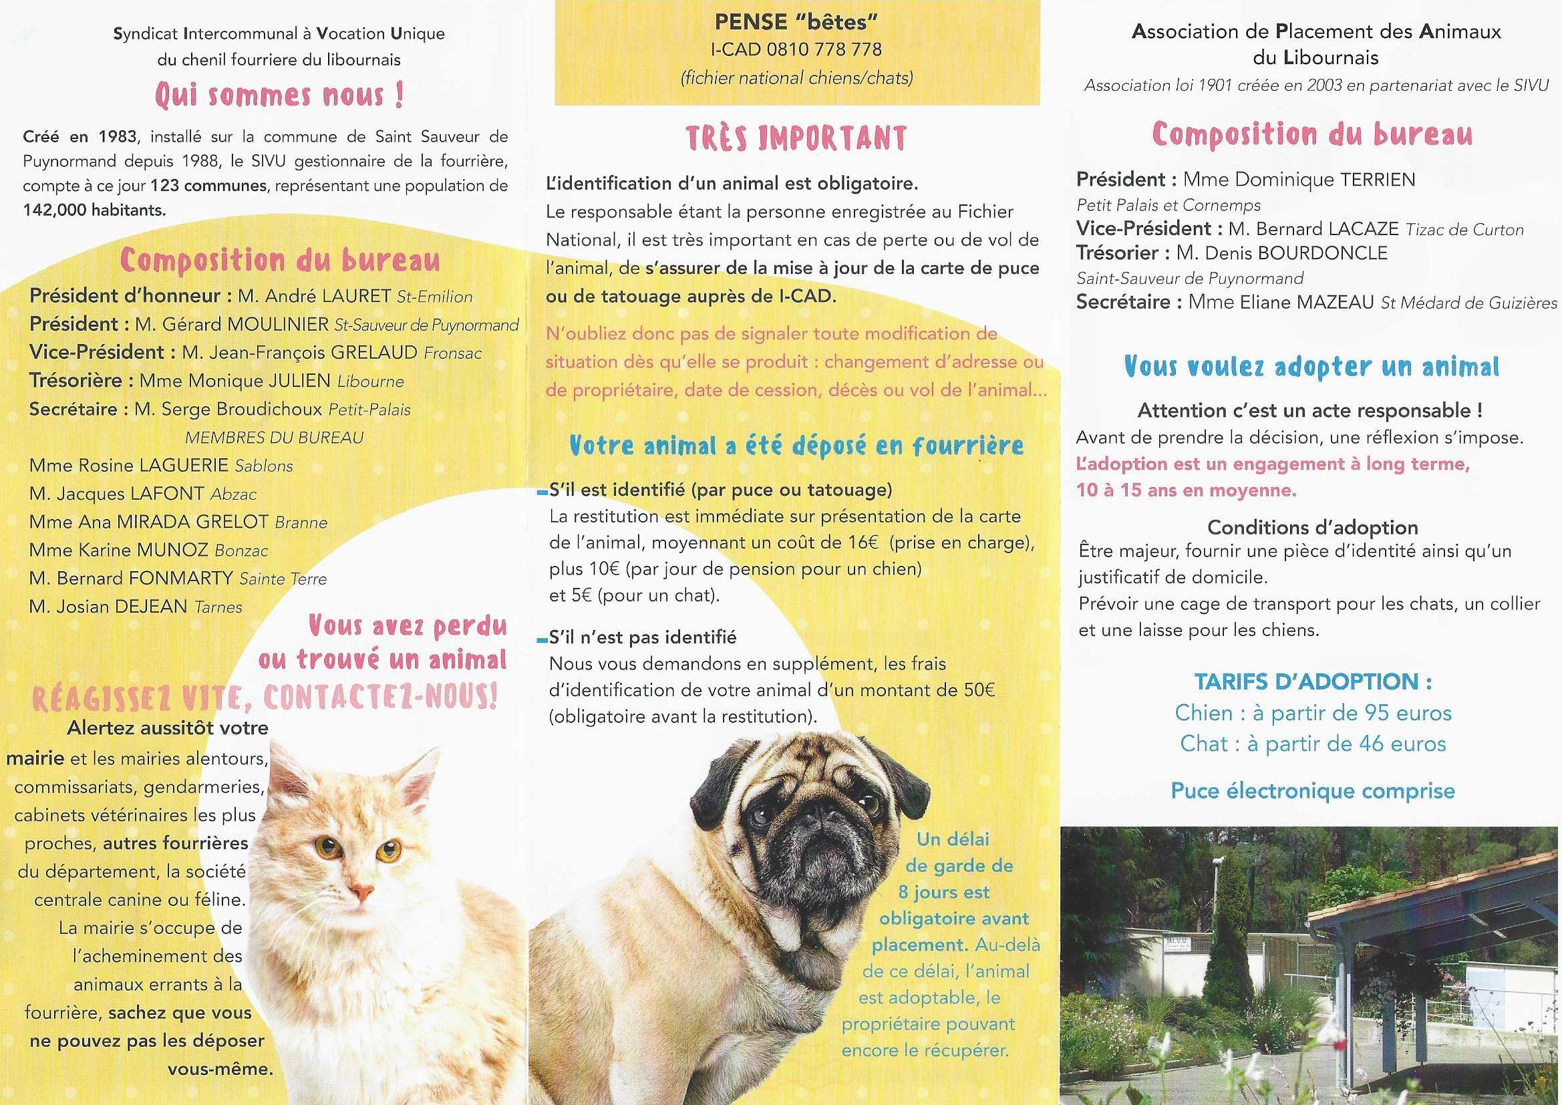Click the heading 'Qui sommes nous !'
[280, 95]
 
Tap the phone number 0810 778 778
[824, 49]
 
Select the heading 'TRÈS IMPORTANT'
[796, 138]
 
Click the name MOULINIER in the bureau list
[278, 325]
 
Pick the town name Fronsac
[452, 353]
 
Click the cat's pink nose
[361, 891]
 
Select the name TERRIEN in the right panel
[1378, 180]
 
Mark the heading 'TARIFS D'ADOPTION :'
[1313, 682]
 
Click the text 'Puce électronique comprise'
[1312, 790]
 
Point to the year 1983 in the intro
[117, 137]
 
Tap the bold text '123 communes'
[208, 186]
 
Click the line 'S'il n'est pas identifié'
[642, 637]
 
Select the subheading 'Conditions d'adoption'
[1312, 527]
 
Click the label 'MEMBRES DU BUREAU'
[274, 438]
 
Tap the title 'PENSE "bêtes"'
[796, 23]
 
